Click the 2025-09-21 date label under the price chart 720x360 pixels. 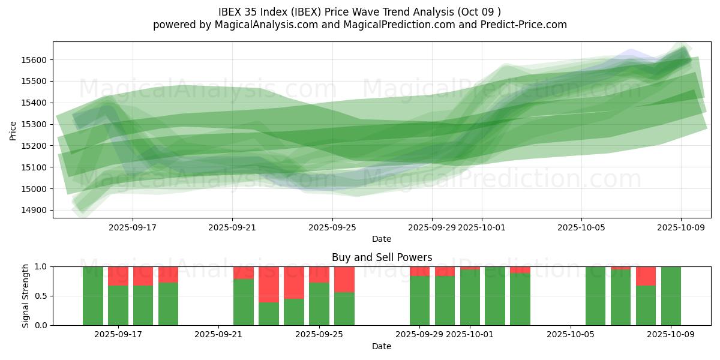pos(232,228)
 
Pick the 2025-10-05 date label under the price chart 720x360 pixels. pos(581,228)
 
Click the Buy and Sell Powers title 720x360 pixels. pos(382,257)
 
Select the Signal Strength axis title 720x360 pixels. pos(25,296)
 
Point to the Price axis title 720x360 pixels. pos(13,130)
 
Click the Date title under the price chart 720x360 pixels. pos(382,239)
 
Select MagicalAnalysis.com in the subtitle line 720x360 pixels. pos(262,25)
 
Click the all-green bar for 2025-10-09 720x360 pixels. pos(671,296)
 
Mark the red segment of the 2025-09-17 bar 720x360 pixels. pos(118,276)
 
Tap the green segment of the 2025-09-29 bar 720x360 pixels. pos(420,301)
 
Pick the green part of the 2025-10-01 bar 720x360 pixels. pos(470,298)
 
